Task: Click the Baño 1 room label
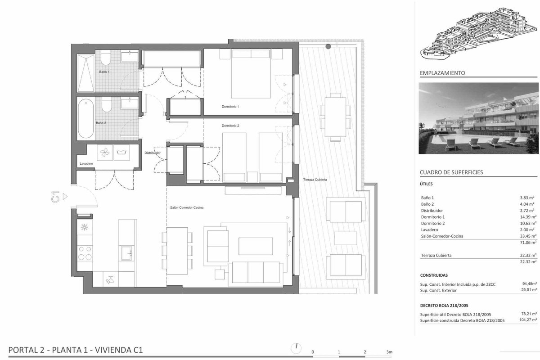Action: [104, 72]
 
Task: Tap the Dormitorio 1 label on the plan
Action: [230, 106]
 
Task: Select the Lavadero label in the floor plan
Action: [86, 163]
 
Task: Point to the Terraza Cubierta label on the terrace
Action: [315, 180]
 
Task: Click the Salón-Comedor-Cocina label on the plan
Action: [187, 207]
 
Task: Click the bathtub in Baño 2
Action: [86, 118]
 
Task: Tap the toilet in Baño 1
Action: [106, 58]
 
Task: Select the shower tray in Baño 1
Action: [85, 73]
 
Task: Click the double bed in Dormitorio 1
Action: [251, 73]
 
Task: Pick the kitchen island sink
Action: [126, 253]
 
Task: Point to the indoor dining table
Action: [177, 251]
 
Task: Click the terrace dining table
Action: [335, 117]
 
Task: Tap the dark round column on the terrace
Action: [328, 46]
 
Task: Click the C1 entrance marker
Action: [55, 197]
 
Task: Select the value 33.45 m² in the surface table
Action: [528, 236]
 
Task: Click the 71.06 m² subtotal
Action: [528, 243]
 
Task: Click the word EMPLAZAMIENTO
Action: [442, 73]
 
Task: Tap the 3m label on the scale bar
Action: [389, 352]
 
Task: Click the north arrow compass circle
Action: [296, 348]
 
